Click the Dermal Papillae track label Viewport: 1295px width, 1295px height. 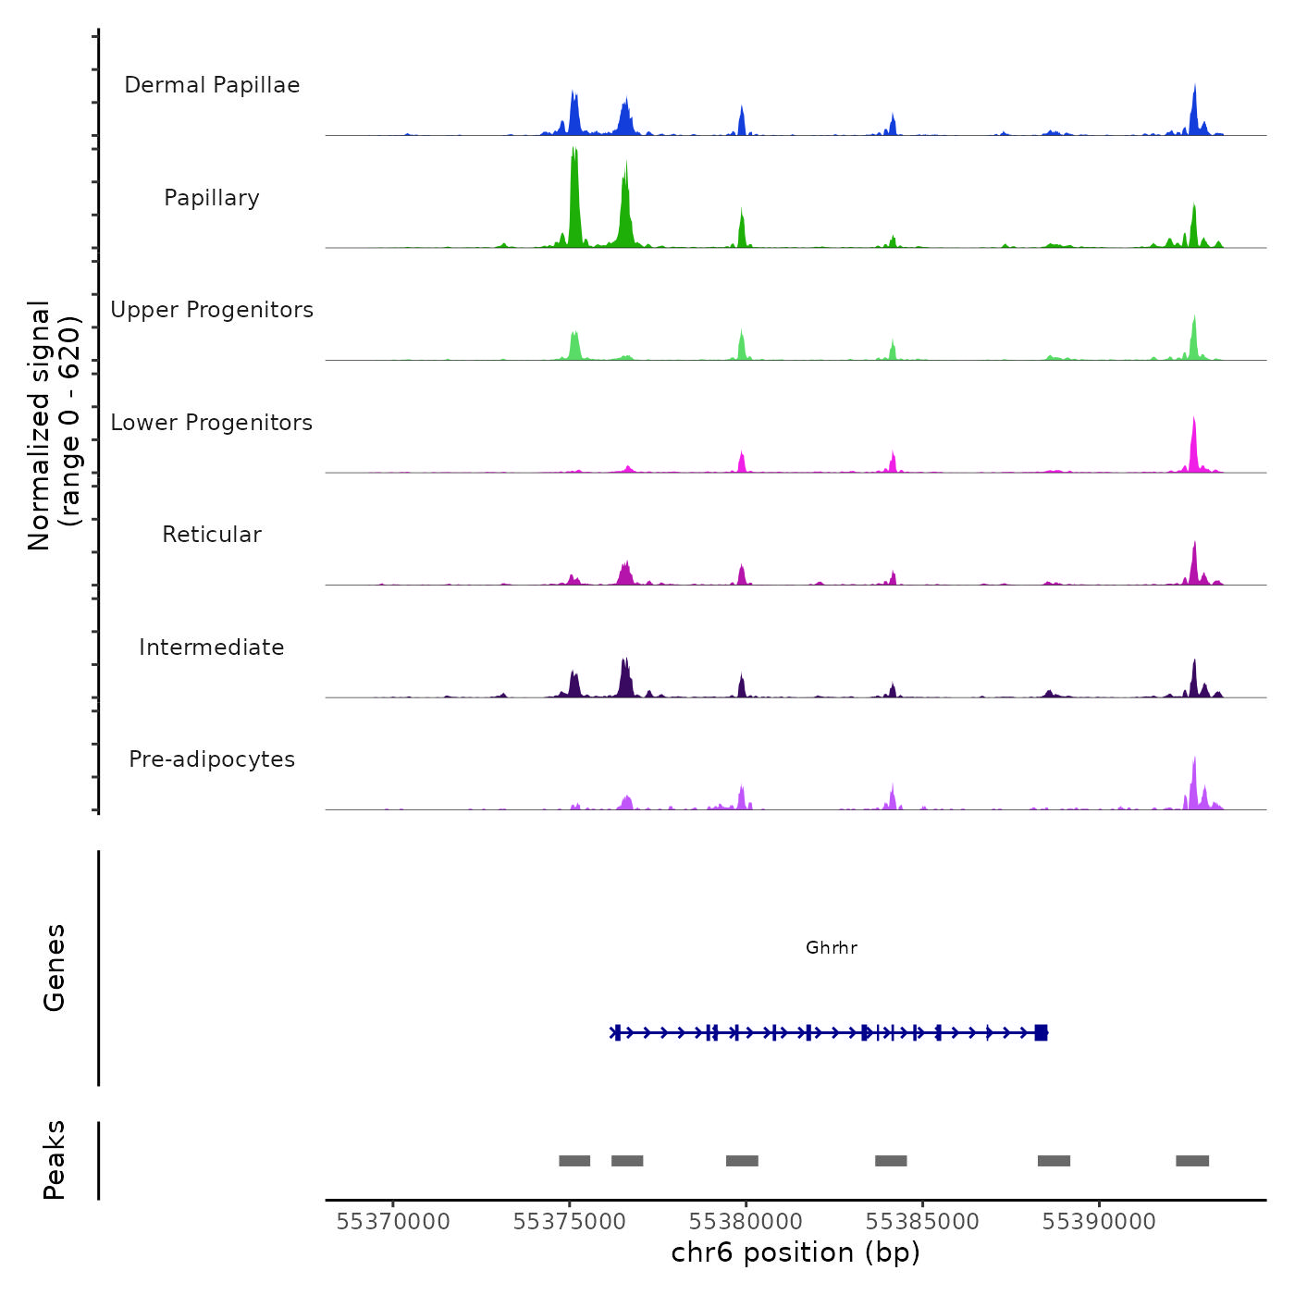[212, 85]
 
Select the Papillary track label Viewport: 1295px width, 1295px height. [212, 198]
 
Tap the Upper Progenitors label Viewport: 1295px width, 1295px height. [212, 310]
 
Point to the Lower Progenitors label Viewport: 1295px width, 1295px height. [212, 423]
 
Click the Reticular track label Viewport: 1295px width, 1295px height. [212, 535]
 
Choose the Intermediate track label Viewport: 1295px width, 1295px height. [212, 647]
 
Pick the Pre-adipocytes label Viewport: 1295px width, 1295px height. [212, 759]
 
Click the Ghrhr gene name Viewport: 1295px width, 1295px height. [832, 947]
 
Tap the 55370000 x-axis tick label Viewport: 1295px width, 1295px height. [393, 1222]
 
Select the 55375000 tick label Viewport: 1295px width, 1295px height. [570, 1222]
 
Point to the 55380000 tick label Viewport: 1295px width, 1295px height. [746, 1222]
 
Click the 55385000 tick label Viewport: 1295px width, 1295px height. [922, 1222]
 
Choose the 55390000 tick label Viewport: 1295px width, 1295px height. [1099, 1222]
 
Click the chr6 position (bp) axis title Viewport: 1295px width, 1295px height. [795, 1252]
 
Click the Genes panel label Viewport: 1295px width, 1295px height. [55, 968]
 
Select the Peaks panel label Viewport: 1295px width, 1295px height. [55, 1160]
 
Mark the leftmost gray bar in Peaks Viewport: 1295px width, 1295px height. [574, 1161]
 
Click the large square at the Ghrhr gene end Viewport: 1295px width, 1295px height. [1041, 1032]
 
